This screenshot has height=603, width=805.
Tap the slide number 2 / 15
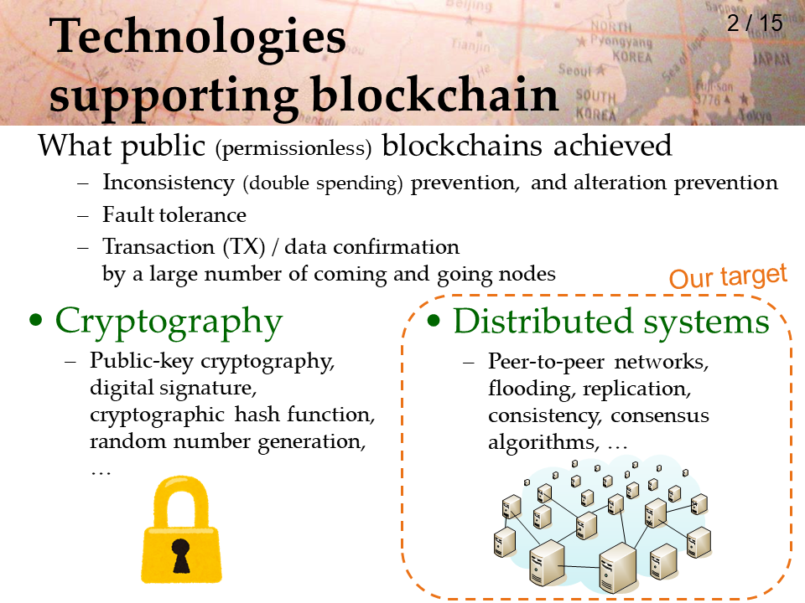point(755,23)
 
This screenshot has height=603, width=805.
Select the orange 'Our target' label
point(728,277)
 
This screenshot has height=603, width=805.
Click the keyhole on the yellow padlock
point(181,556)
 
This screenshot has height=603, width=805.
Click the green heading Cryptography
point(169,322)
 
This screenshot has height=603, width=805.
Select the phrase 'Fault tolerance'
point(174,215)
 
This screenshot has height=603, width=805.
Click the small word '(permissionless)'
point(293,149)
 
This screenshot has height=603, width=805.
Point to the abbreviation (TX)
point(244,247)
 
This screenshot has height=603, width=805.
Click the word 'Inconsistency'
point(169,183)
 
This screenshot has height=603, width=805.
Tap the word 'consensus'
point(660,415)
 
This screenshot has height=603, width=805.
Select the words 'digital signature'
point(173,388)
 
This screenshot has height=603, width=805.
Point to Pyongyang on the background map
point(621,41)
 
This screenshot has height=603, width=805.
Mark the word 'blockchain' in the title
point(435,95)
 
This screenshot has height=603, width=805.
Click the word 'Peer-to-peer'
point(546,362)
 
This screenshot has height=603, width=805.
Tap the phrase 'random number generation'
point(227,442)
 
